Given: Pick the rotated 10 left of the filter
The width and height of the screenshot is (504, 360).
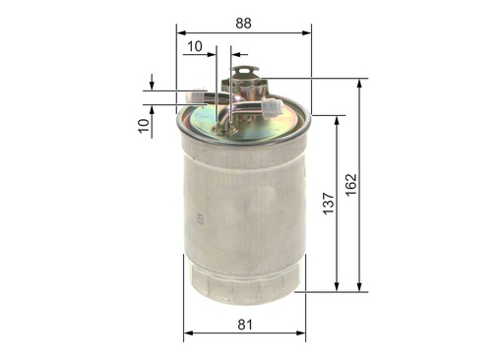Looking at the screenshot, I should click(144, 125).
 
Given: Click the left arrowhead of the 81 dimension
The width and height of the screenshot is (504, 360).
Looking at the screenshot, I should click(187, 334).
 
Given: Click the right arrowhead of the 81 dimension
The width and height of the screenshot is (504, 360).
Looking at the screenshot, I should click(301, 334).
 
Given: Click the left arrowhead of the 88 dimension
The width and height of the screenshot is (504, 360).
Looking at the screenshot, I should click(181, 30).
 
